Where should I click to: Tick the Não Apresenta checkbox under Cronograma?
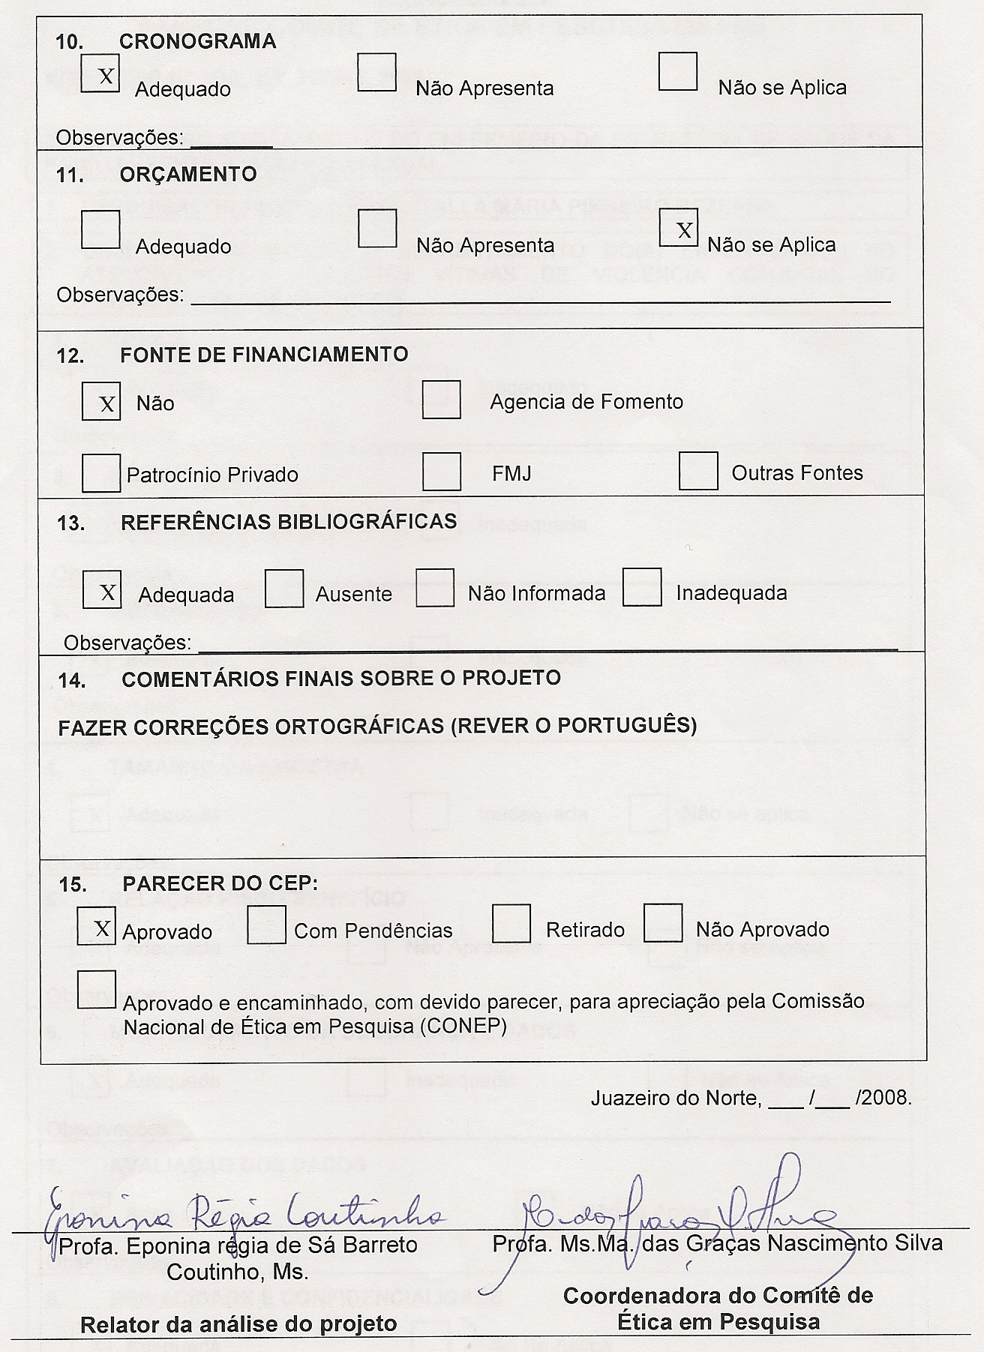pos(376,72)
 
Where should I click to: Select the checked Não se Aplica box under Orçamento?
pos(678,228)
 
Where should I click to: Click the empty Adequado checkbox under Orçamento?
pos(100,229)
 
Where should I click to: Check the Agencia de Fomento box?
pos(441,399)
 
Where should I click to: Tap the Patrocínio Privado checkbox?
pos(101,472)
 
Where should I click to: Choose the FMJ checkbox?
pos(441,471)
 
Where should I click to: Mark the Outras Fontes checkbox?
pos(698,471)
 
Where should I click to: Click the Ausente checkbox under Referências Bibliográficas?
pos(284,589)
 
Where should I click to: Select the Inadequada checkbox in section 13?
pos(642,587)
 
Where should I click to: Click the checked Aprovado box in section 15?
pos(97,926)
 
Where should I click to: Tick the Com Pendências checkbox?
pos(266,925)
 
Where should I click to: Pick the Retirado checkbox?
pos(511,924)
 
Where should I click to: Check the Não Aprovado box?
pos(663,923)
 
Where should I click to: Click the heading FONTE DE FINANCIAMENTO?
pos(264,354)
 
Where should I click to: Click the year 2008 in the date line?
pos(888,1099)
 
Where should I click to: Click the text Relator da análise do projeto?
pos(238,1324)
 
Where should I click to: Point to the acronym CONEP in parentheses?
pos(466,1026)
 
